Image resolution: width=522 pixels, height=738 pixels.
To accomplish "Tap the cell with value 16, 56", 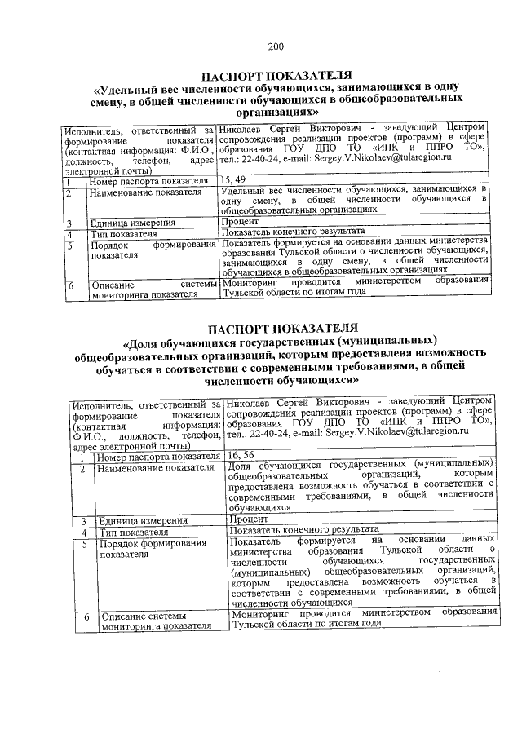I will tap(241, 456).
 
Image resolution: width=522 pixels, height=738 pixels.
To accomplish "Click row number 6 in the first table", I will tap(72, 286).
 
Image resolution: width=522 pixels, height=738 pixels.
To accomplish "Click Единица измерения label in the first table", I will tap(132, 222).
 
